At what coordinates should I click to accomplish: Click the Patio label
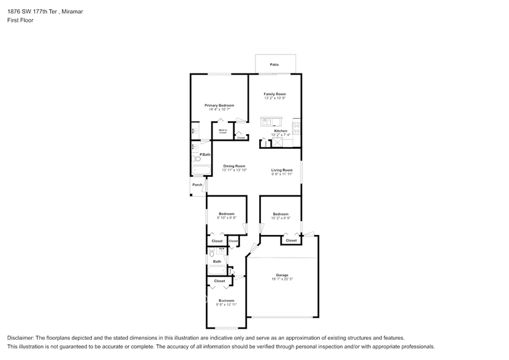click(274, 64)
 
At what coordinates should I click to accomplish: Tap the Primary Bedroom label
click(219, 105)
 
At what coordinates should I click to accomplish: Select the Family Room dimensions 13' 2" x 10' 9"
click(275, 98)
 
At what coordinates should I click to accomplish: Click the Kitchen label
click(281, 131)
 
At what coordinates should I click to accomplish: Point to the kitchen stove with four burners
click(296, 129)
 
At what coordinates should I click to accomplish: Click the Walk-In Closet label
click(222, 131)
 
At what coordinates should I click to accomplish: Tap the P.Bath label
click(205, 154)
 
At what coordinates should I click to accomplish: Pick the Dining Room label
click(234, 166)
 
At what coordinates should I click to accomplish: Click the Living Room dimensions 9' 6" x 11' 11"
click(282, 174)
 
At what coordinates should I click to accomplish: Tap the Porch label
click(197, 184)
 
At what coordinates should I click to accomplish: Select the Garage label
click(282, 275)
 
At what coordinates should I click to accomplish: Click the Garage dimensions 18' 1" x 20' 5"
click(282, 279)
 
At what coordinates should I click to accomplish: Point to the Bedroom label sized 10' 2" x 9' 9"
click(281, 214)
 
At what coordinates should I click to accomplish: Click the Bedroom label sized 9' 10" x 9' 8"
click(227, 214)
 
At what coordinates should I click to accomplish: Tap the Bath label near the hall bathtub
click(217, 261)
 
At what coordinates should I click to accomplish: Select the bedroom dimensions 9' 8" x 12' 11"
click(226, 304)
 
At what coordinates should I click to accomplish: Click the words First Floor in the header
click(21, 20)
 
